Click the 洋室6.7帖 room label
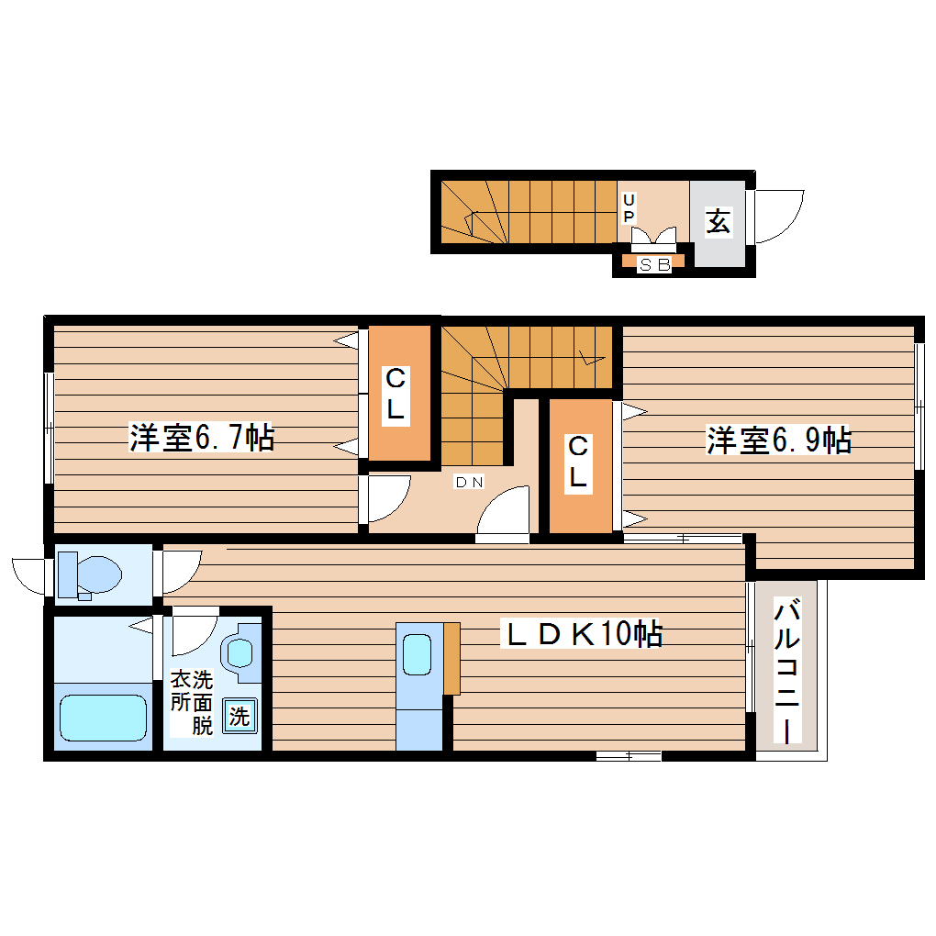(201, 438)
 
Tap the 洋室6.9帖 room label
(778, 440)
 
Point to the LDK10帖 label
(581, 633)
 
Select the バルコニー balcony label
(788, 671)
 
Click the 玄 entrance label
(718, 221)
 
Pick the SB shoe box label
(654, 264)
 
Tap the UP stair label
(630, 208)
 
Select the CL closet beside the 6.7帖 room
(396, 393)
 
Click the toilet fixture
(88, 574)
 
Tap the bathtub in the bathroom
(103, 717)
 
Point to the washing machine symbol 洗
(240, 716)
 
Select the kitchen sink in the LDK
(418, 653)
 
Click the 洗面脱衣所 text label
(191, 703)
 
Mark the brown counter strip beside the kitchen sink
(451, 658)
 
